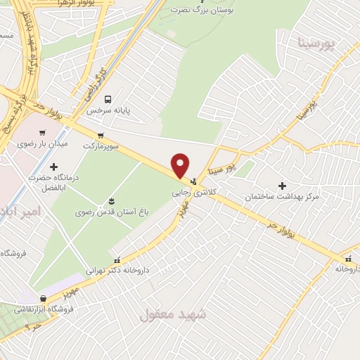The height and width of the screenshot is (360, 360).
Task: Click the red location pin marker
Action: tap(181, 165)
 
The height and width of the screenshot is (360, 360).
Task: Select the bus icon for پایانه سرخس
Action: tap(108, 99)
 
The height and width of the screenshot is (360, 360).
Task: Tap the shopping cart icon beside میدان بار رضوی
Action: tap(43, 131)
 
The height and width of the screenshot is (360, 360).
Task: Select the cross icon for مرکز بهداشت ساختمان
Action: tap(282, 186)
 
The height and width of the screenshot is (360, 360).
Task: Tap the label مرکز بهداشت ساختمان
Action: tap(281, 197)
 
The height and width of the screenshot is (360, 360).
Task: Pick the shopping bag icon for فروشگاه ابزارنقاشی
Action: tap(44, 298)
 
